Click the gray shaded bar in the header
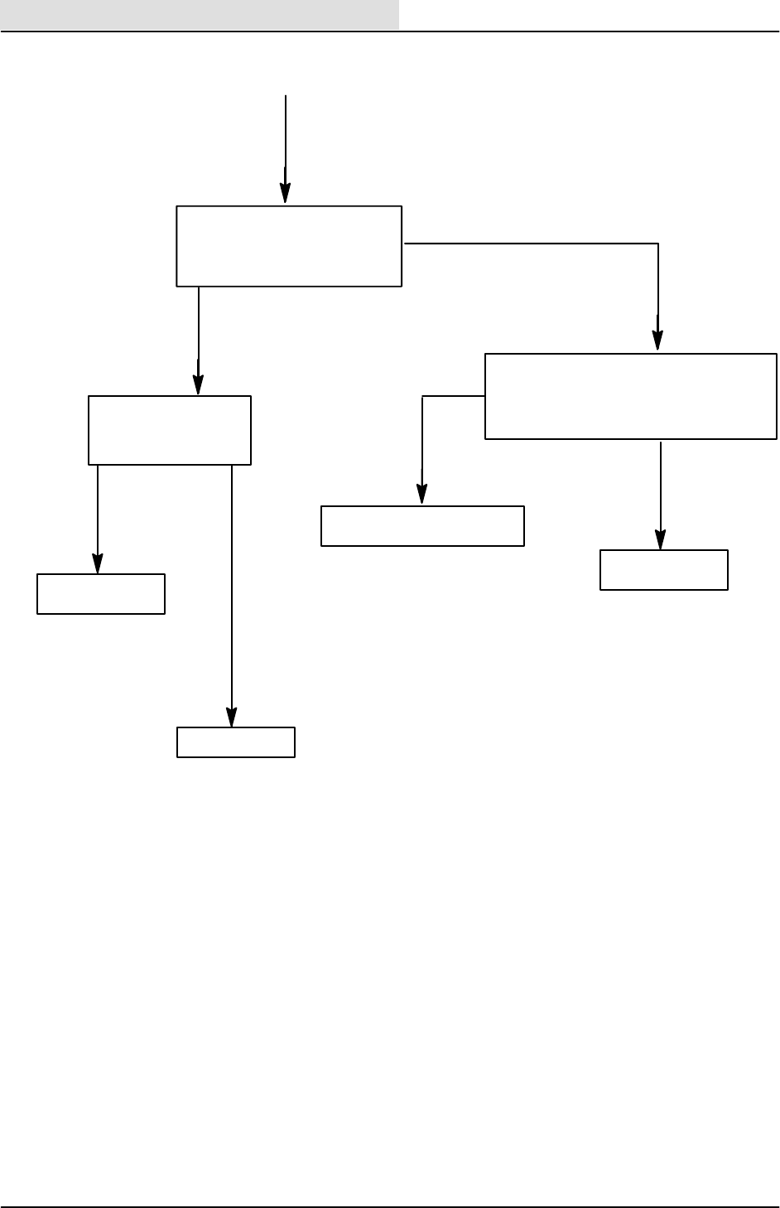(199, 14)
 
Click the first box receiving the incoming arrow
(289, 246)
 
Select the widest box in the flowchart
(630, 396)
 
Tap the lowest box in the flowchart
(236, 742)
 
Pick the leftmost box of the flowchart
(101, 593)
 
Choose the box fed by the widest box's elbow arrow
(422, 526)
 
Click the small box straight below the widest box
(663, 570)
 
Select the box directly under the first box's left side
(169, 430)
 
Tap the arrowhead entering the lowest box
(232, 718)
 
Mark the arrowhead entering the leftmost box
(98, 564)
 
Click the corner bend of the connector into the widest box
(658, 244)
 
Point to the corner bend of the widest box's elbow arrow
(422, 397)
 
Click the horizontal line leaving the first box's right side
(530, 244)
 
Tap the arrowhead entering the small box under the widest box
(661, 540)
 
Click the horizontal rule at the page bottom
(390, 1207)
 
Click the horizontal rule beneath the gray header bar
(390, 31)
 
